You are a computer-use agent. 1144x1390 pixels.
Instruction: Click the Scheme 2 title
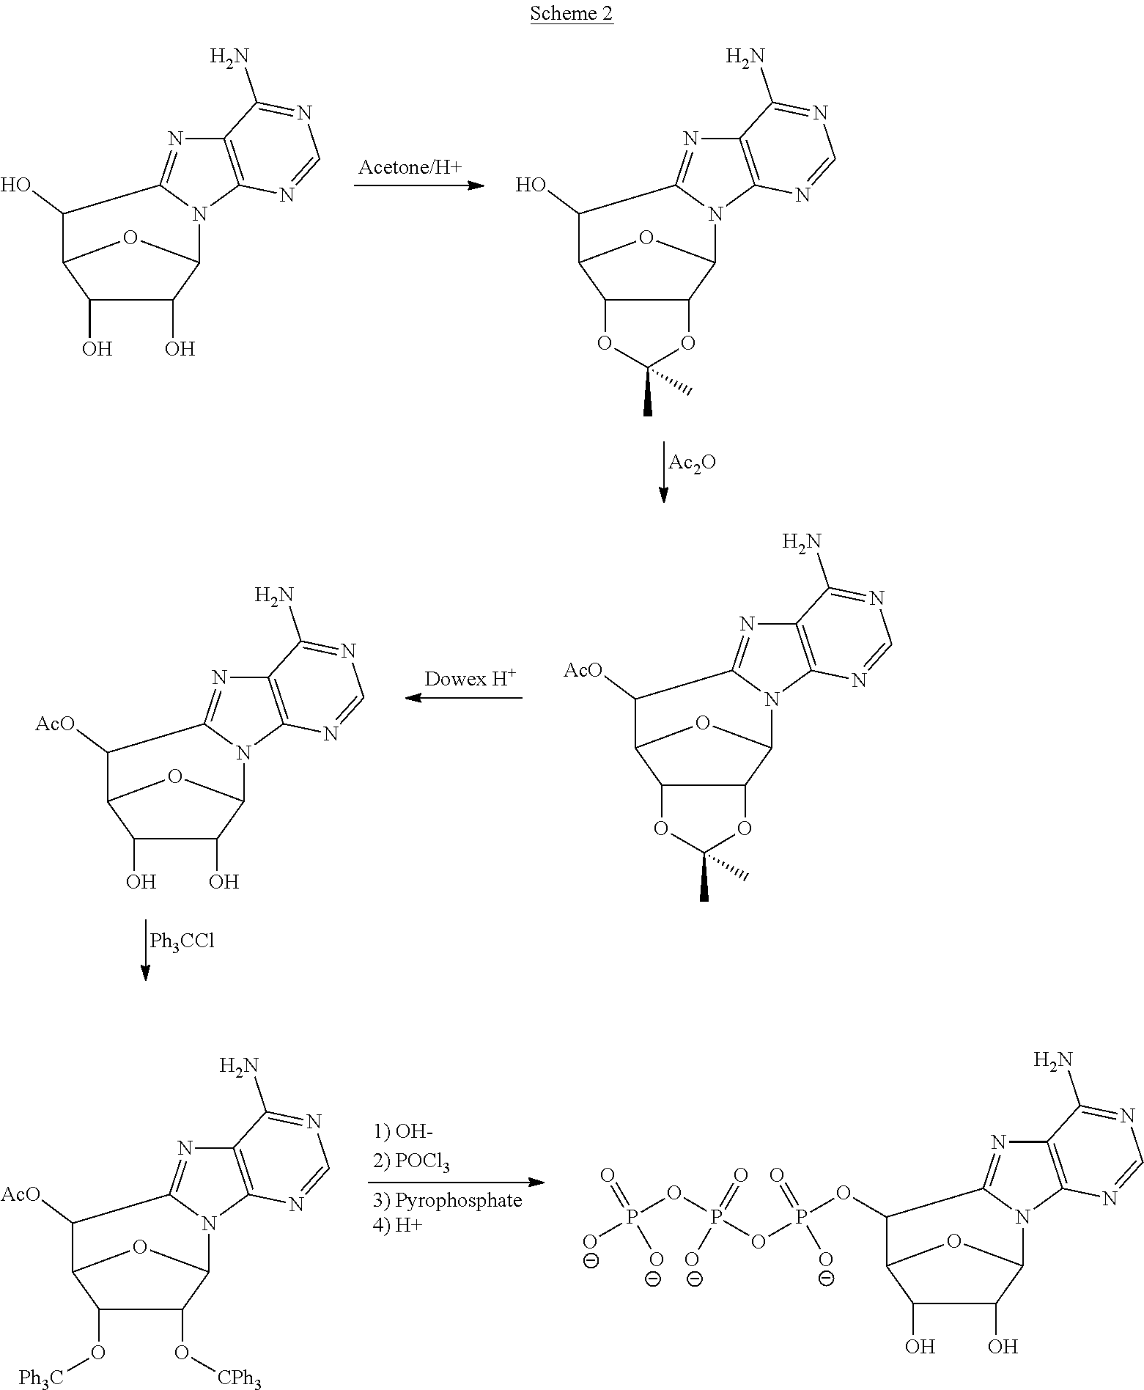[571, 15]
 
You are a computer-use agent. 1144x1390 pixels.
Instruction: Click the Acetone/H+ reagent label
[410, 168]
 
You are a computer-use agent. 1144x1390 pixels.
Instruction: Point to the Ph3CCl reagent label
[182, 941]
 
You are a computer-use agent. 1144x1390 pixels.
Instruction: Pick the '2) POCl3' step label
[411, 1163]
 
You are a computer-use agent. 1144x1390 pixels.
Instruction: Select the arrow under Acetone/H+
[419, 185]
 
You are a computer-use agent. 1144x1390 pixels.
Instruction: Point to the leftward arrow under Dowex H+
[464, 698]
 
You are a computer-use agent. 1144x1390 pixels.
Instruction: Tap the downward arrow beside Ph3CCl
[146, 949]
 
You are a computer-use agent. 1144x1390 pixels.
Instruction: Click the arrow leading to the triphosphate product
[457, 1182]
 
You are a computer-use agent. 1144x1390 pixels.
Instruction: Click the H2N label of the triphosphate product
[1053, 1060]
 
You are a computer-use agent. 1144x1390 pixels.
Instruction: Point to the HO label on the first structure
[17, 185]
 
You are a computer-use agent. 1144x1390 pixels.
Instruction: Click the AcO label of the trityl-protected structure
[20, 1194]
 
